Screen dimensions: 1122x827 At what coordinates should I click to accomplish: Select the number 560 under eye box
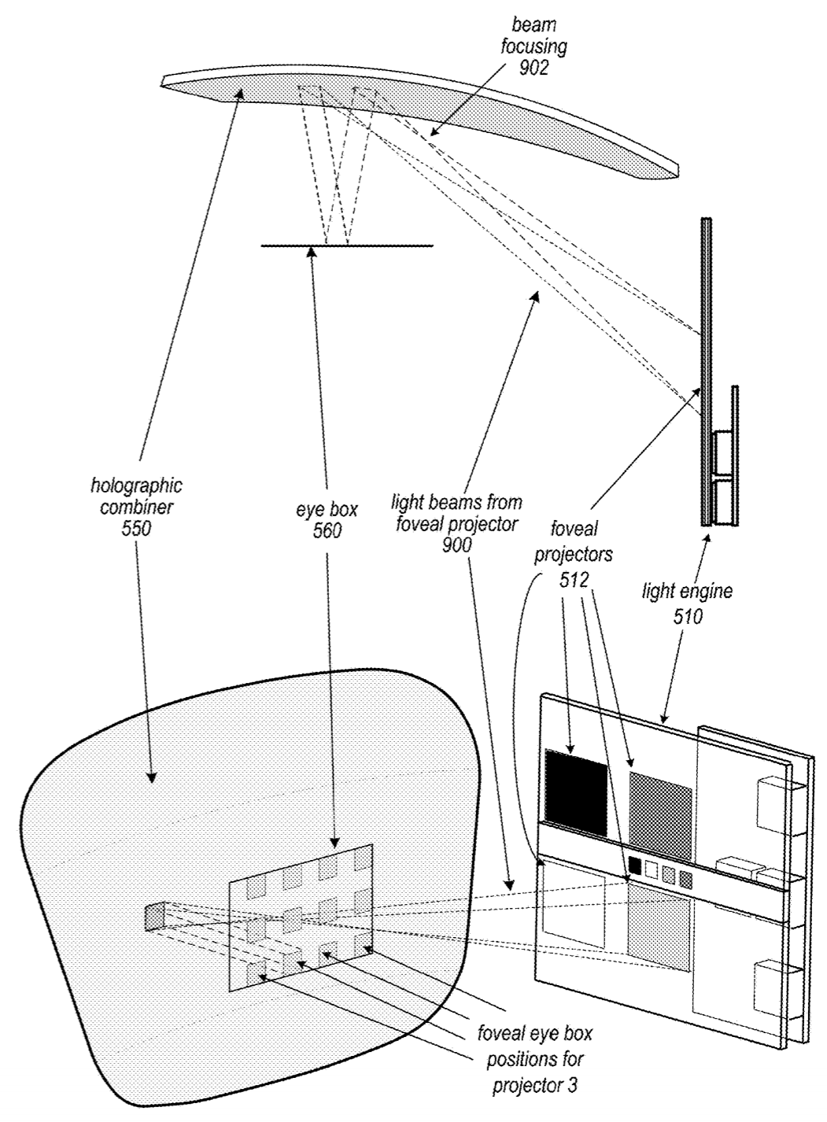coord(327,531)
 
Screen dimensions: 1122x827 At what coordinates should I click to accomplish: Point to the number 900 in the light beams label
coord(456,543)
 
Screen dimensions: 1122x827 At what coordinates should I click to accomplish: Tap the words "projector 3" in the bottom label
coord(535,1087)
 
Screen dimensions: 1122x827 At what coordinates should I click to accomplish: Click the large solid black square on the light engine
coord(576,791)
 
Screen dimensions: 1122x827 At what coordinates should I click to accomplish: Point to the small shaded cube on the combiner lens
coord(154,917)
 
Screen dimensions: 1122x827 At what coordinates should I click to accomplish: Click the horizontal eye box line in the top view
coord(346,246)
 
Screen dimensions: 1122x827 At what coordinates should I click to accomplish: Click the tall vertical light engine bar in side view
coord(706,370)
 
